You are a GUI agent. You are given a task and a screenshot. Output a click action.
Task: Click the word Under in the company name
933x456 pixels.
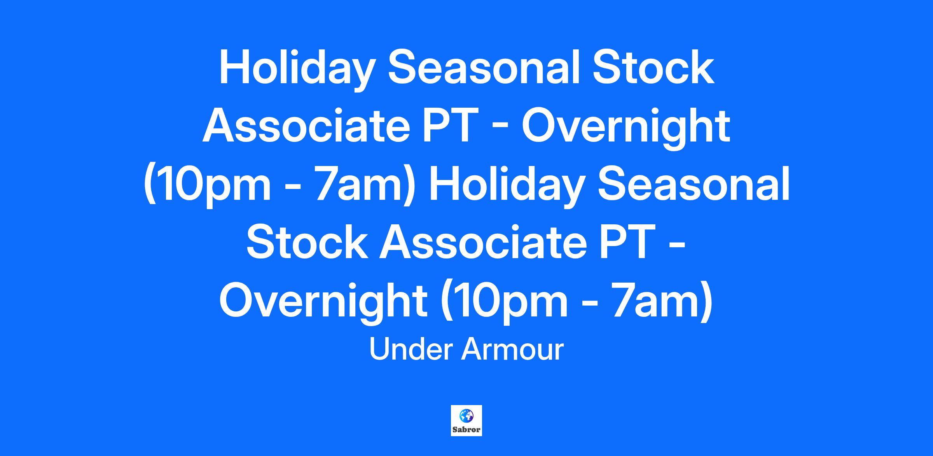pyautogui.click(x=411, y=349)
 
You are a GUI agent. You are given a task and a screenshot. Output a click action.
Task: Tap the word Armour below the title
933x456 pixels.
pyautogui.click(x=512, y=349)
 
